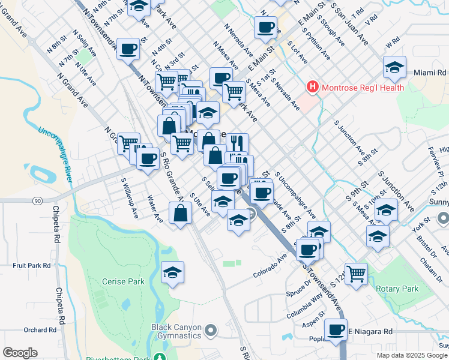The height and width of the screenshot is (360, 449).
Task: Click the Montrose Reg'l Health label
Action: pos(363,88)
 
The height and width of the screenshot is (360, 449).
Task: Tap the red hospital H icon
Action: pos(312,88)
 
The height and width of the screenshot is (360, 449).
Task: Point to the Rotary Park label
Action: pos(397,289)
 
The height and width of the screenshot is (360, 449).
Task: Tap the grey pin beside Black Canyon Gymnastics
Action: pos(211,331)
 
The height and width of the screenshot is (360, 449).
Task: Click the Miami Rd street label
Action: pos(430,73)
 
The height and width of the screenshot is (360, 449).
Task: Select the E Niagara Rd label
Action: pos(370,331)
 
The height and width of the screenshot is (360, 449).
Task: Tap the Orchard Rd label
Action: pos(40,330)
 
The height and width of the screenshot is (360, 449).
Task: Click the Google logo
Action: pos(20,353)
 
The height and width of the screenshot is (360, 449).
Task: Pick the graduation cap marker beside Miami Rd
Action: pos(394,67)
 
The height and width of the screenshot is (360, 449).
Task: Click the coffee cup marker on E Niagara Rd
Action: pos(336,329)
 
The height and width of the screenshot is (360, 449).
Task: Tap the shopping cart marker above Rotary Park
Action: pos(357,273)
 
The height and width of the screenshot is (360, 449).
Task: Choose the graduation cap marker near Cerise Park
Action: pos(172,272)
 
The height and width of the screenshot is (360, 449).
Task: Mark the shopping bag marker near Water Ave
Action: pos(181,213)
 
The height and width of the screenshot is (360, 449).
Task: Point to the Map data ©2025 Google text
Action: pos(412,355)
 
